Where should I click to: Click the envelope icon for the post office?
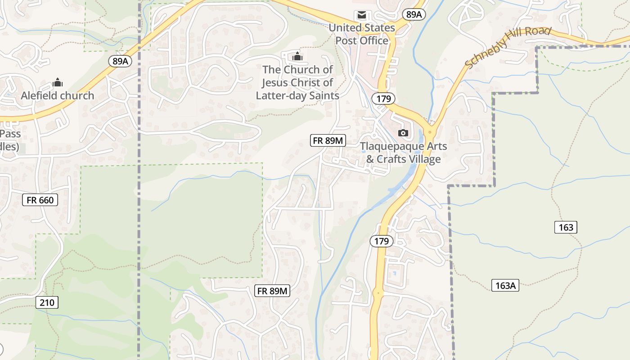pos(361,15)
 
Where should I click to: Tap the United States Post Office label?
pos(361,34)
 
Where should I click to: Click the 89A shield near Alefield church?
pos(120,61)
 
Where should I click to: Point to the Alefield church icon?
pos(58,83)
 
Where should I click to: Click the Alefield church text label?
pos(58,95)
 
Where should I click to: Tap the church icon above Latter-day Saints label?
pos(297,57)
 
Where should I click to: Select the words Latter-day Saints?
pos(297,95)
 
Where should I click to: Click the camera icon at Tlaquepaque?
pos(403,133)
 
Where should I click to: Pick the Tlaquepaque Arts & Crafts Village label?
pos(403,153)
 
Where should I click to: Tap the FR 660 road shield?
pos(40,200)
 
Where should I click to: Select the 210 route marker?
pos(47,302)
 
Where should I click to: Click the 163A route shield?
pos(505,285)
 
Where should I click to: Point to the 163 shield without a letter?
pos(566,227)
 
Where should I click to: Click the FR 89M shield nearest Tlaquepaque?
pos(328,140)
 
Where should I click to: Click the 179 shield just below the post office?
pos(383,98)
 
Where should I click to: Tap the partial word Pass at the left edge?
pos(10,134)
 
